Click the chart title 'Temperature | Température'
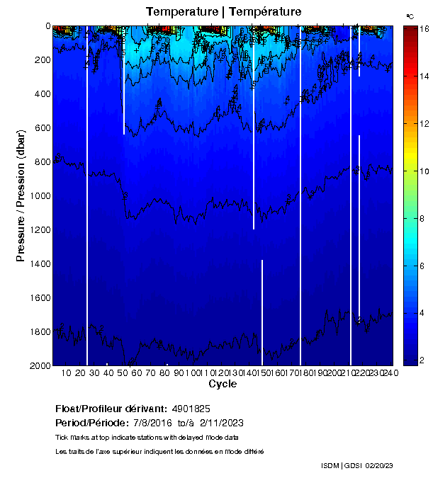tap(223, 12)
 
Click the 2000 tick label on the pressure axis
tap(37, 365)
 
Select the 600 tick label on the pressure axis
tap(40, 128)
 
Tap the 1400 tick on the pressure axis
tap(51, 263)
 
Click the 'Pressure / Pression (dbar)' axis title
tap(21, 196)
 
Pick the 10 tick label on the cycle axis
tap(65, 372)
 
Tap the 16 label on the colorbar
tap(418, 30)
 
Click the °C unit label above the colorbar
tap(410, 16)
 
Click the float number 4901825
tap(190, 409)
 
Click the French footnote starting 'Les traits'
tap(159, 451)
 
